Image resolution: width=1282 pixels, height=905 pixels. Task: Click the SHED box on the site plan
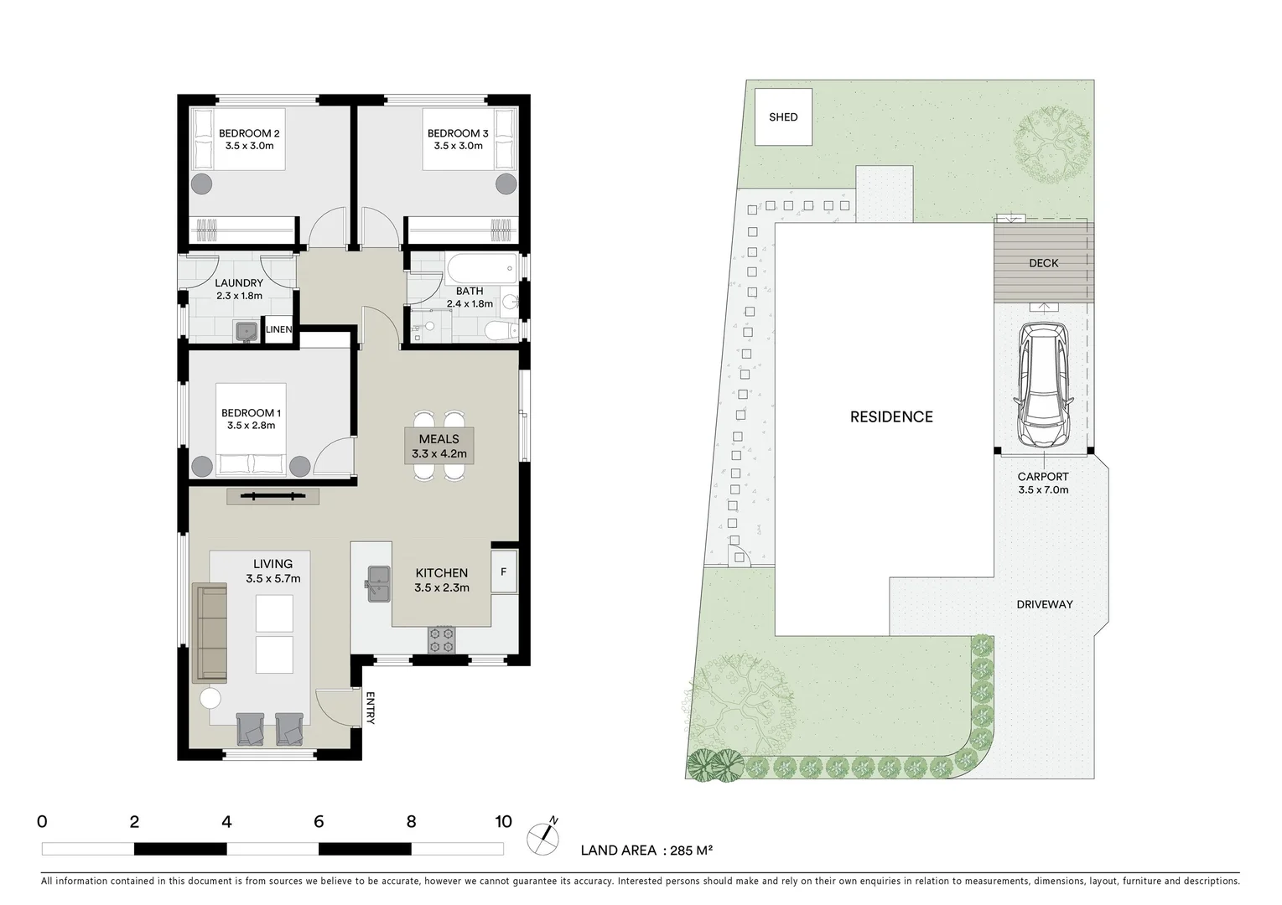[783, 116]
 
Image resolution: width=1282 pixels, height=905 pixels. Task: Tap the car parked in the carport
[1042, 386]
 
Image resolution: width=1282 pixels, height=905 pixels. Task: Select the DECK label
[1043, 263]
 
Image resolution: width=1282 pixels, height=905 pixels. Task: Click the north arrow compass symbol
[543, 836]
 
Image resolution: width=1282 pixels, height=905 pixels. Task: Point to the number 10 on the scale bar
[502, 822]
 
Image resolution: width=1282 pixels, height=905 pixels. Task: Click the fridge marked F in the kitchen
[503, 572]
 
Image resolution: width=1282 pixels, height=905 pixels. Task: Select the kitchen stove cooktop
[441, 639]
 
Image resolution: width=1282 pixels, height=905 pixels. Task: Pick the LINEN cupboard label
[278, 329]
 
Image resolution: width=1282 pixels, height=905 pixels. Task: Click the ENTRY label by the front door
[370, 707]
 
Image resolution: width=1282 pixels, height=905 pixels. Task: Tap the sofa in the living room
[210, 633]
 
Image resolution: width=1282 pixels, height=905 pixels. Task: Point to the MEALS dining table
[439, 446]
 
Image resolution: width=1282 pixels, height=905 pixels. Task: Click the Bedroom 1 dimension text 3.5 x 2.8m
[251, 426]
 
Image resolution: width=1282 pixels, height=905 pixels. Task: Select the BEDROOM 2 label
[249, 133]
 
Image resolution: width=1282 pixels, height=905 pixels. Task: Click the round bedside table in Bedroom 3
[505, 183]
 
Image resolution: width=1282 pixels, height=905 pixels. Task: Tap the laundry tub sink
[246, 331]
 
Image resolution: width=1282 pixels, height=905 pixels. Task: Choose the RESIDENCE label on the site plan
[890, 417]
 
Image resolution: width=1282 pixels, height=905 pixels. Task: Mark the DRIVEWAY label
[1044, 604]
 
